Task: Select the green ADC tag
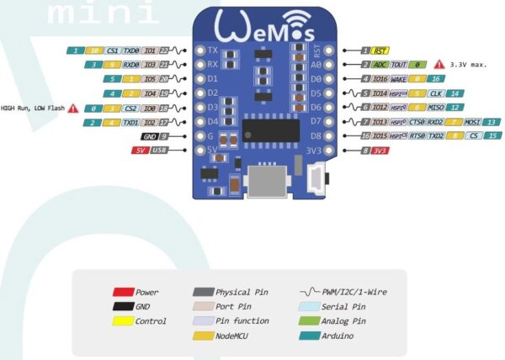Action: (x=380, y=65)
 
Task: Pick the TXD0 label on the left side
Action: (x=129, y=50)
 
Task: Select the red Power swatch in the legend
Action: (x=123, y=292)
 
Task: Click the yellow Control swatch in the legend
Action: (x=123, y=320)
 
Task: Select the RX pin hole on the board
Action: (x=199, y=65)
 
